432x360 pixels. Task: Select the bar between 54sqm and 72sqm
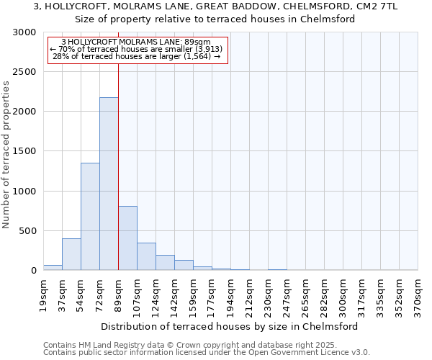pos(90,216)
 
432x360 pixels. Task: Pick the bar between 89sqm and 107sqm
pos(127,238)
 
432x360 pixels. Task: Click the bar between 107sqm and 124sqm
pos(146,256)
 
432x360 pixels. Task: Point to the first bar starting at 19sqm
pos(53,267)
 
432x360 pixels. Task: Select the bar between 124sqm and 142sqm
pos(165,263)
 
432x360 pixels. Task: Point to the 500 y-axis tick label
pos(28,231)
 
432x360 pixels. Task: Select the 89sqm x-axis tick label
pos(118,295)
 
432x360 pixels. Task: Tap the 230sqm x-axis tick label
pos(268,297)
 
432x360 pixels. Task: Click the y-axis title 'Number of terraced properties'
pos(6,155)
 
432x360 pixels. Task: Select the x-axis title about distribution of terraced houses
pos(230,326)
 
